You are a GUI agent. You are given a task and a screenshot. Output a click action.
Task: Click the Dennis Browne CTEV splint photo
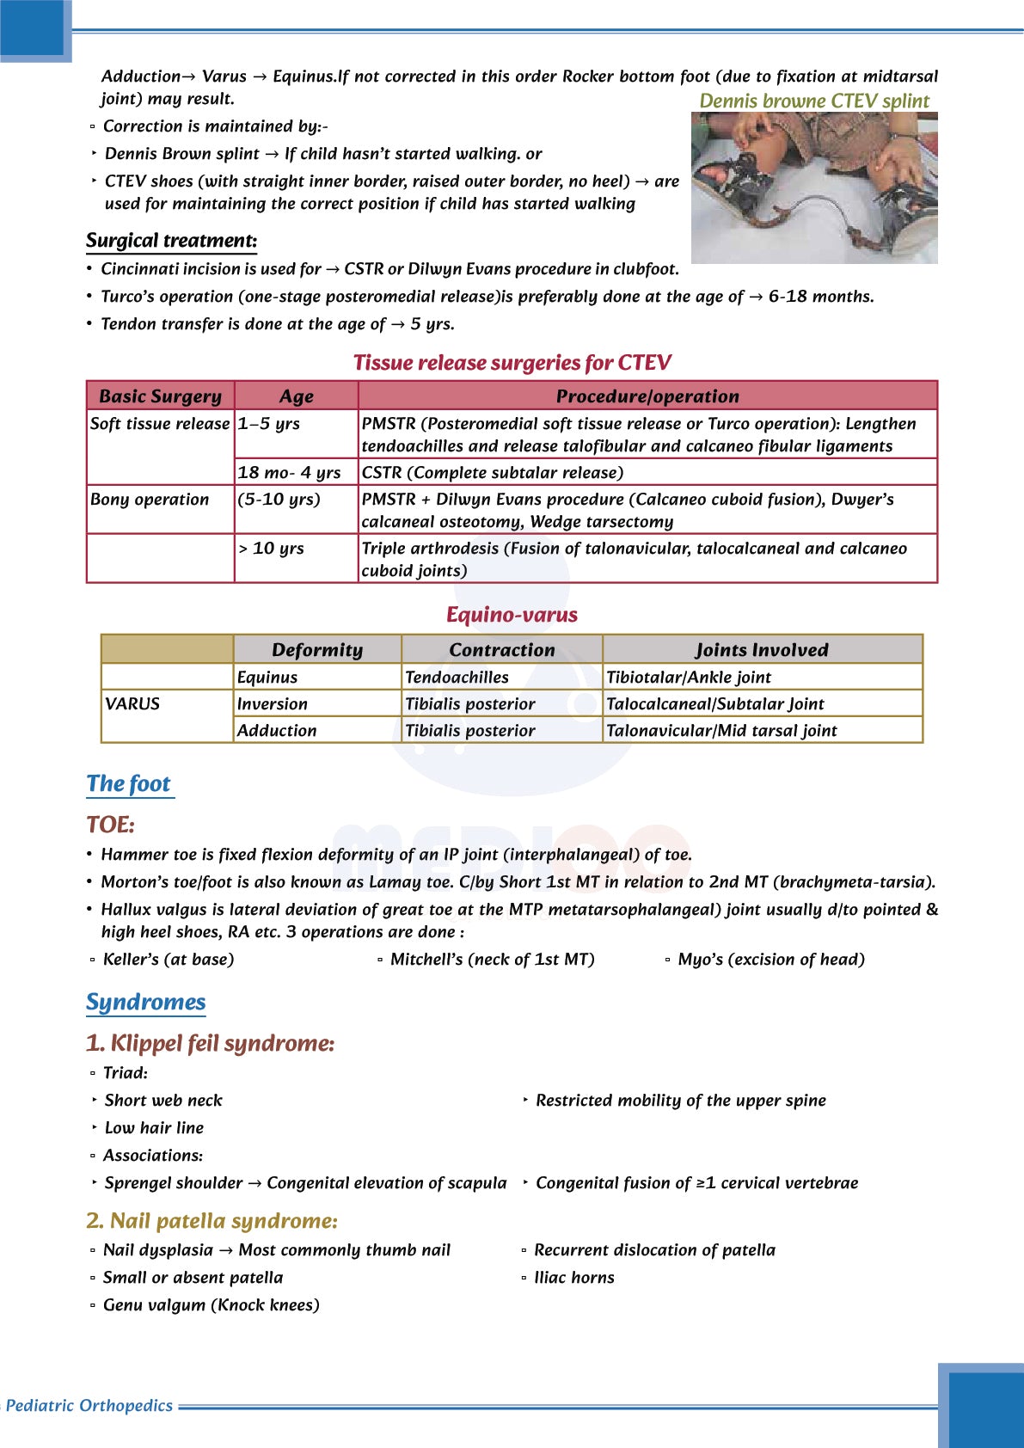(813, 188)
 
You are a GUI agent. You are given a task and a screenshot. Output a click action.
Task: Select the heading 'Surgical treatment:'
(171, 241)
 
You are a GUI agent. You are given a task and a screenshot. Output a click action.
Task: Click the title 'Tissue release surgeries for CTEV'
(512, 363)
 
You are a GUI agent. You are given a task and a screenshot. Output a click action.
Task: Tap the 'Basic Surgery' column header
(161, 396)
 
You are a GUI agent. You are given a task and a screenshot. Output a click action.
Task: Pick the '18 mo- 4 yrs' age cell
(290, 472)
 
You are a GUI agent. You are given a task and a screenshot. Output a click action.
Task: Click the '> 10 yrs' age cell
(271, 549)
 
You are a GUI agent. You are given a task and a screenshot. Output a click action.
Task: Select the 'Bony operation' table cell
(150, 500)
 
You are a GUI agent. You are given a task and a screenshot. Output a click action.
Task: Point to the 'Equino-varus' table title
(512, 615)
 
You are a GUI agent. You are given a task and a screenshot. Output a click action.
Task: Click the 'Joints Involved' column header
(762, 650)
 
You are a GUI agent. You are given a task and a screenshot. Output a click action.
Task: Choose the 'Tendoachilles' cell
(457, 678)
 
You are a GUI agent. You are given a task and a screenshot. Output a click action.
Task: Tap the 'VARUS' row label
(132, 703)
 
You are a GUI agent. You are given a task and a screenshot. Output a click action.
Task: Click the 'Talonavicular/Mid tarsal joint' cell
(721, 731)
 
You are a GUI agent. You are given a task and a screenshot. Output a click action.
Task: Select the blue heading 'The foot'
(129, 784)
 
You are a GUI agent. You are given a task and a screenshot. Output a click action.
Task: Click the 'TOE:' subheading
(111, 825)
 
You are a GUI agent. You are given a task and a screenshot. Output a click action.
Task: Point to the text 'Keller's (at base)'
(169, 960)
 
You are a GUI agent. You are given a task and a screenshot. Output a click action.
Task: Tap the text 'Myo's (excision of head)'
(771, 960)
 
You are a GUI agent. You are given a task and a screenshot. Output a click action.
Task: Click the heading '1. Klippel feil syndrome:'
(210, 1044)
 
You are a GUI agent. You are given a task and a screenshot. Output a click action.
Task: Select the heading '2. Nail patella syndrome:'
(212, 1221)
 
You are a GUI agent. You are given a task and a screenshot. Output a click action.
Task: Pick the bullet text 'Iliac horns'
(574, 1278)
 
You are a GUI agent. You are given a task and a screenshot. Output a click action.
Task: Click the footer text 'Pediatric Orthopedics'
(89, 1406)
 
